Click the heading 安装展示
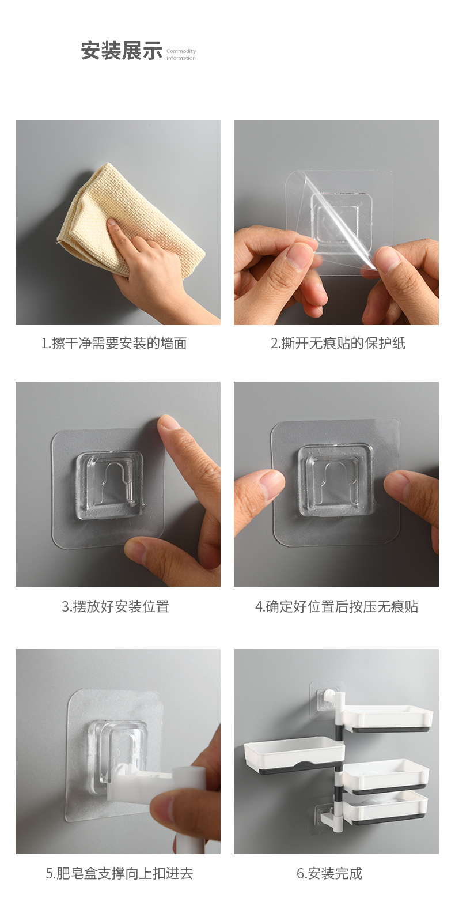(122, 51)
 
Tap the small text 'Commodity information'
(181, 55)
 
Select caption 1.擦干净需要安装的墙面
(114, 344)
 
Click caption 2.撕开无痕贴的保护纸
(338, 344)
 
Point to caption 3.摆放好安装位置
(115, 606)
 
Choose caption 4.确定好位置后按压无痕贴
(336, 606)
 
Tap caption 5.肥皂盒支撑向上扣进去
(119, 873)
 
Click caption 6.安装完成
(329, 873)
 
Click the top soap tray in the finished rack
(389, 718)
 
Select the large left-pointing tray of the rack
(294, 754)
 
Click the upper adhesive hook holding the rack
(326, 699)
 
